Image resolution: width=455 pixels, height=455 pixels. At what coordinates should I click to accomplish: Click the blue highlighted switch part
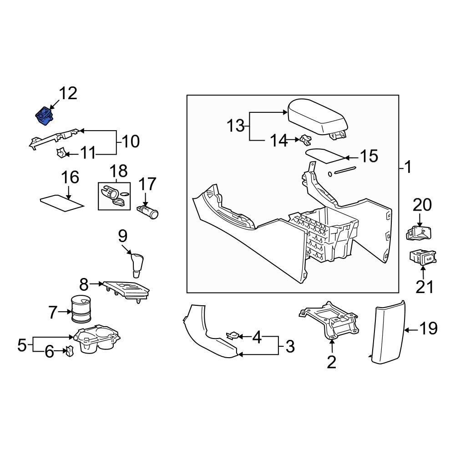45,116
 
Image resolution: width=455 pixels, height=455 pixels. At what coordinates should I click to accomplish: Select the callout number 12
68,93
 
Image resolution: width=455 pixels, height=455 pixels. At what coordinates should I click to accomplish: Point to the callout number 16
70,177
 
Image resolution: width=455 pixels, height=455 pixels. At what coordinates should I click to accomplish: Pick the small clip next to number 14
305,140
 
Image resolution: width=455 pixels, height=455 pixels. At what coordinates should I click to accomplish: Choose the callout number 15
369,156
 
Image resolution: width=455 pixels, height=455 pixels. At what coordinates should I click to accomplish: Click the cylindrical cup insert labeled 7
81,309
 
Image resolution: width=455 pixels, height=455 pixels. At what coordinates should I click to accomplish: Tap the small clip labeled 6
69,351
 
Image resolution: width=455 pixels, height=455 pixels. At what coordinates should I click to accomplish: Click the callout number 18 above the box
119,171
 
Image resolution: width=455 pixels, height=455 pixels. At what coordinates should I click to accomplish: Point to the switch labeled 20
419,233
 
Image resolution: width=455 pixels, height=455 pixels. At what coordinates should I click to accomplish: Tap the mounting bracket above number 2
329,320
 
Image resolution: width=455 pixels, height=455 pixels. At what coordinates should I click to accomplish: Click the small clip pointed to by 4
233,336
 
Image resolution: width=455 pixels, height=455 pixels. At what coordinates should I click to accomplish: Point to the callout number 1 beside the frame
408,167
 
